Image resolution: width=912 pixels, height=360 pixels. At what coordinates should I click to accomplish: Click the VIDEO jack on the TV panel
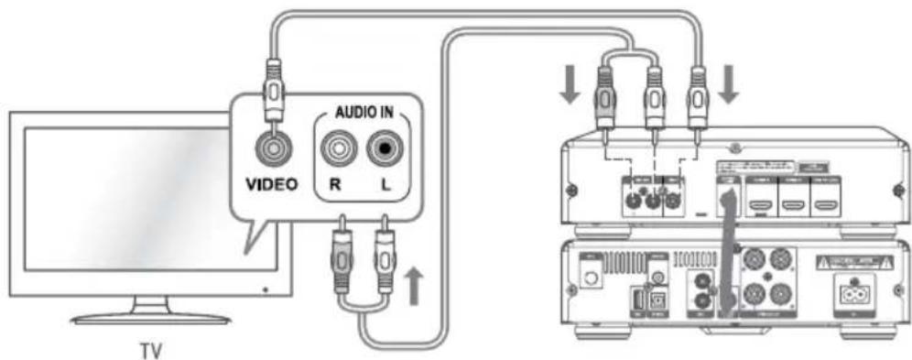pos(272,146)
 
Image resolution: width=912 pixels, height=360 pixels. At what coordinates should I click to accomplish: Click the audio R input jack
pos(337,147)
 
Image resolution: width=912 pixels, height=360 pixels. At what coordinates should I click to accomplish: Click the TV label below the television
pos(148,349)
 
